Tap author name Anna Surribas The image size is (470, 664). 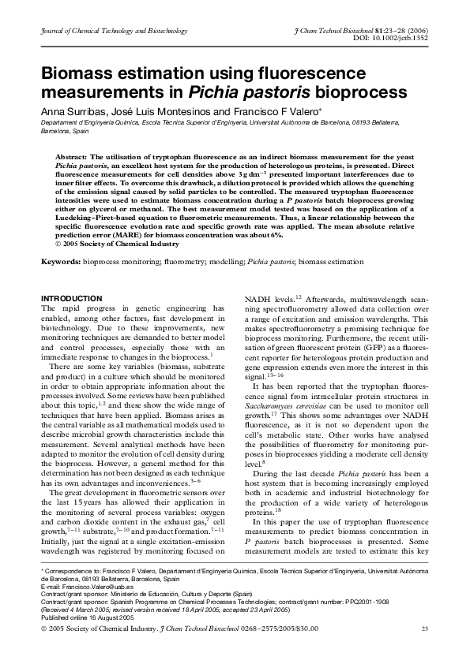tap(73, 112)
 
